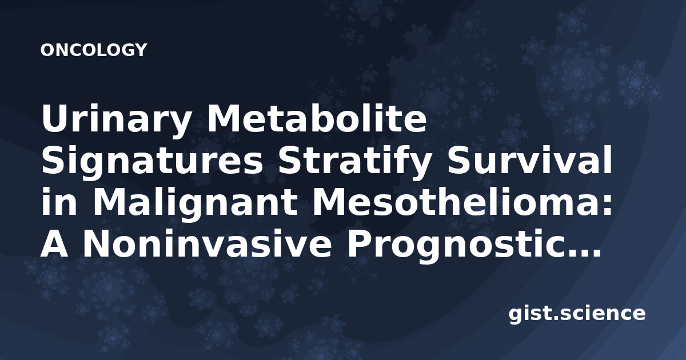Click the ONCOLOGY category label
[x=94, y=50]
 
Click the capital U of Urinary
[x=55, y=118]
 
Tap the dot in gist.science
[x=556, y=318]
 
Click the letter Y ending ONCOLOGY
[x=141, y=50]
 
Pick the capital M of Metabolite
[x=225, y=118]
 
